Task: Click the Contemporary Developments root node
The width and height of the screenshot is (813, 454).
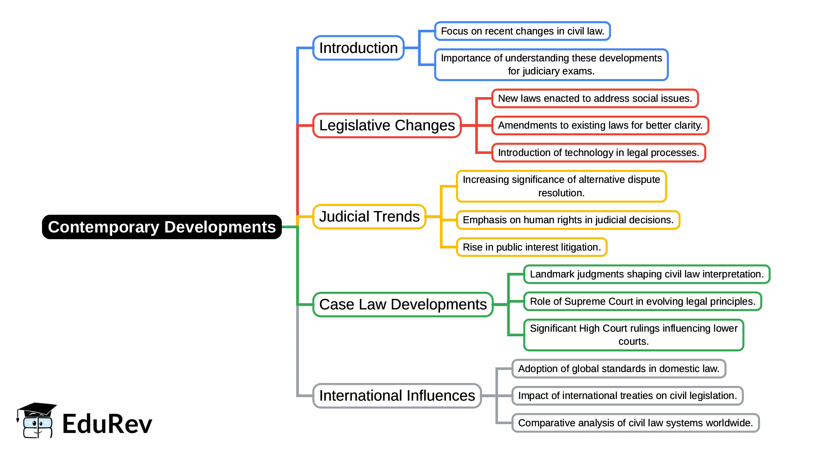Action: coord(162,227)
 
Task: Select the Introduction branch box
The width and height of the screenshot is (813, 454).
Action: coord(358,48)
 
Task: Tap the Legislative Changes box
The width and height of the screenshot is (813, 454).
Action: coord(387,125)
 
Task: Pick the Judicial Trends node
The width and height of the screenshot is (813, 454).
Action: coord(369,216)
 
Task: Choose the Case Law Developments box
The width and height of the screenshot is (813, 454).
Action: coord(403,304)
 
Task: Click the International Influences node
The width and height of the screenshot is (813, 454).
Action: coord(397,396)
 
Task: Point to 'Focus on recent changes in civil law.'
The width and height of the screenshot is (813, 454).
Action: coord(522,31)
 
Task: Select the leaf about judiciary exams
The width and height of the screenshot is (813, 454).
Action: coord(551,65)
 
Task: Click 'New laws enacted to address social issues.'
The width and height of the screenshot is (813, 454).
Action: coord(595,98)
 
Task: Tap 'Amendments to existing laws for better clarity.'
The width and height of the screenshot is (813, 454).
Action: coord(600,125)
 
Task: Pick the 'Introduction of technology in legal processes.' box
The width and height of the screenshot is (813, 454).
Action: coord(598,153)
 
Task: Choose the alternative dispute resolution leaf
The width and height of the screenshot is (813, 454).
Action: coord(561,186)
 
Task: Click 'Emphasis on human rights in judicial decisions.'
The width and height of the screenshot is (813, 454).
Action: coord(568,220)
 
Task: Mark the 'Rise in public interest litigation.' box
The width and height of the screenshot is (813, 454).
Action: coord(532,247)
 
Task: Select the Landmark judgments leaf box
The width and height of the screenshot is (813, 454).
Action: coord(646,274)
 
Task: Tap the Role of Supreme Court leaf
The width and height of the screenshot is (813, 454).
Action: coord(643,301)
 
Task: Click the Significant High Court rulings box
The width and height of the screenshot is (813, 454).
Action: coord(633,335)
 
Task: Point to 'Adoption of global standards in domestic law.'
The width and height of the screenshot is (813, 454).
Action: coord(619,369)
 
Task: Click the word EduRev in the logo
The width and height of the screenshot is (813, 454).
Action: coord(107,424)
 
